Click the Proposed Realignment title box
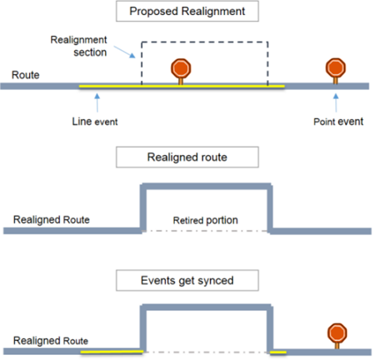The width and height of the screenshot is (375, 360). (x=188, y=12)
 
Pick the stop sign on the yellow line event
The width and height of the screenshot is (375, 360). (x=179, y=69)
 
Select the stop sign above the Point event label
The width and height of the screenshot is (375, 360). (x=336, y=68)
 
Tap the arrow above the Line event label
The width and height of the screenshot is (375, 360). (x=97, y=101)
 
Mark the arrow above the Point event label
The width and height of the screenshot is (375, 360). (x=336, y=101)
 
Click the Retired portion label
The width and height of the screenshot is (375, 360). (x=205, y=220)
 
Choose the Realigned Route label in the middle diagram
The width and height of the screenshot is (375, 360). (x=52, y=220)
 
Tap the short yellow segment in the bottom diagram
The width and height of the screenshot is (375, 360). (x=278, y=352)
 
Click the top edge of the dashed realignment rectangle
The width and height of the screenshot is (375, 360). (x=204, y=42)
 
